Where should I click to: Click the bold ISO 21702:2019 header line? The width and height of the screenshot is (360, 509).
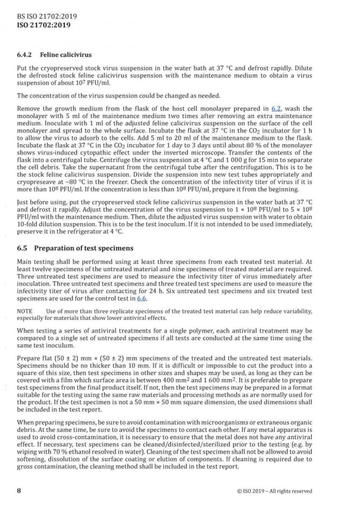[x=43, y=25]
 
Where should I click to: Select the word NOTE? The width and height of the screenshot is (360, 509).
[x=25, y=311]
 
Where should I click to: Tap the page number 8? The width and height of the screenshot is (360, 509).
[x=19, y=491]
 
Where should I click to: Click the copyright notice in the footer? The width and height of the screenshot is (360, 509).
[x=275, y=491]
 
